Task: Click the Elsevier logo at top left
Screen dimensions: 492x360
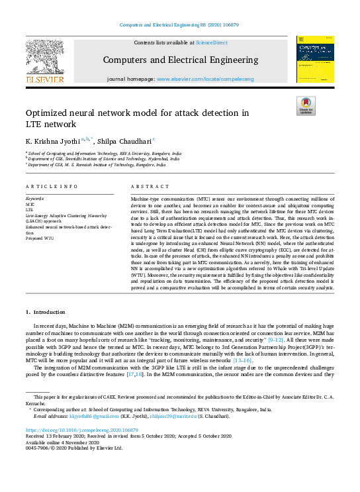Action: [45, 63]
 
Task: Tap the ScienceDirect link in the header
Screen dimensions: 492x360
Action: [211, 42]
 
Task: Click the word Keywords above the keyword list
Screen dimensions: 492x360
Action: [34, 199]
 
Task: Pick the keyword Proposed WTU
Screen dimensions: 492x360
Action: [40, 236]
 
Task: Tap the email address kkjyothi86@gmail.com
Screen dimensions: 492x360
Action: [89, 416]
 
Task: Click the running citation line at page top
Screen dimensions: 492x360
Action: [180, 25]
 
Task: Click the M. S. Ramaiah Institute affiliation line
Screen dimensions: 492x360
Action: [96, 165]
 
